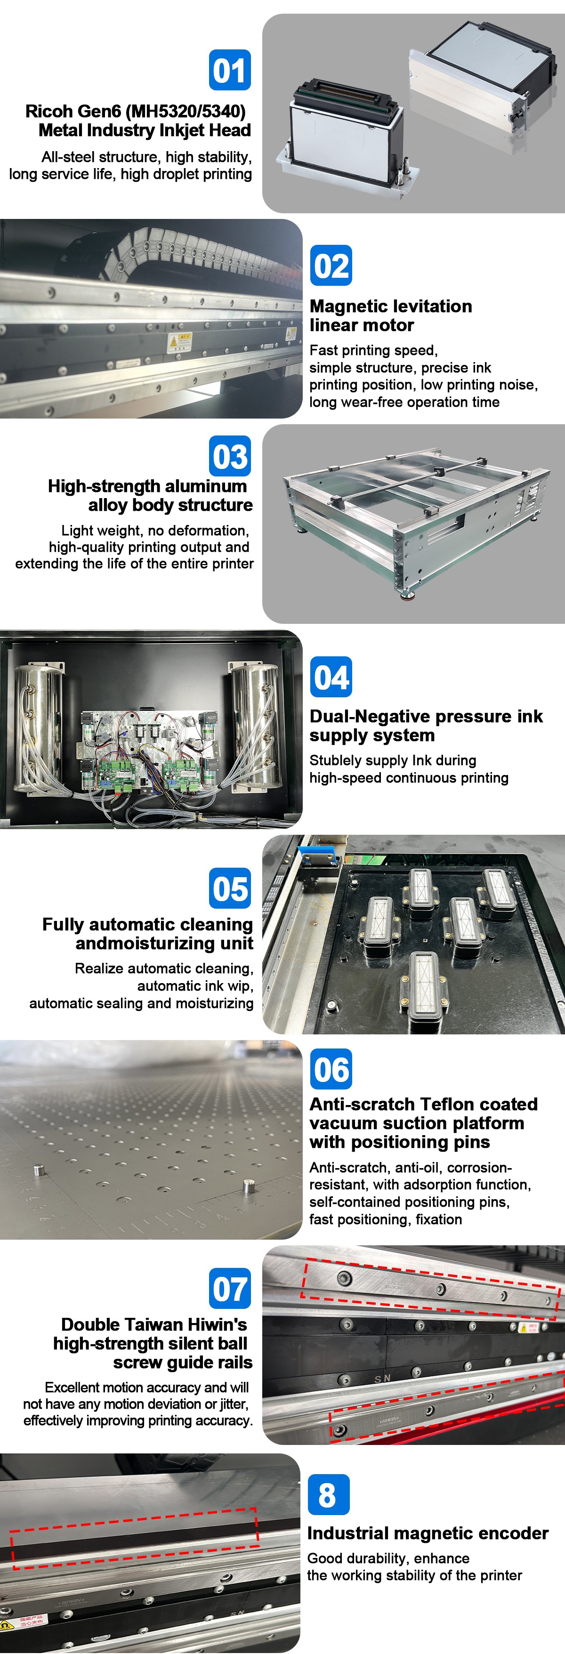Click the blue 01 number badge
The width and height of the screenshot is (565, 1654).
tap(230, 70)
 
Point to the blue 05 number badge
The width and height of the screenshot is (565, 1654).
tap(230, 888)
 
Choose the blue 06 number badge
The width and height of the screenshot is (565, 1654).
tap(331, 1069)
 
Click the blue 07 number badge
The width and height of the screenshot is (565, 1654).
tap(230, 1289)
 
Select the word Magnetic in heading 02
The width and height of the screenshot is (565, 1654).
tap(351, 307)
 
